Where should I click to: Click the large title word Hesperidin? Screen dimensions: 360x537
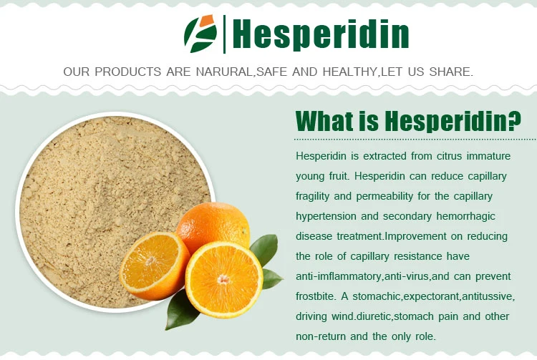click(x=321, y=34)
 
